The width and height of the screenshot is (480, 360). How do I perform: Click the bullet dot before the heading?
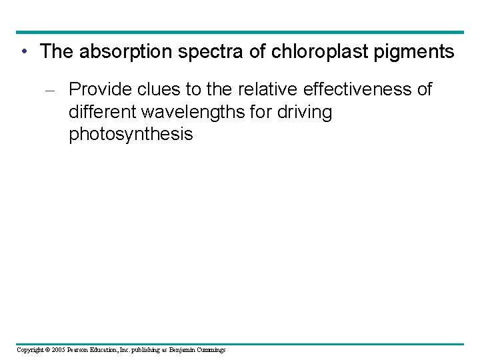pos(24,51)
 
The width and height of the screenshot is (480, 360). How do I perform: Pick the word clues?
pos(155,89)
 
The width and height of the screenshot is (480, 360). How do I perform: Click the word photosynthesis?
pos(131,135)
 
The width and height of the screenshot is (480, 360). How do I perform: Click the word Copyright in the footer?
pos(30,349)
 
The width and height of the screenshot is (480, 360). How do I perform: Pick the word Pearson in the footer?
pos(79,349)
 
